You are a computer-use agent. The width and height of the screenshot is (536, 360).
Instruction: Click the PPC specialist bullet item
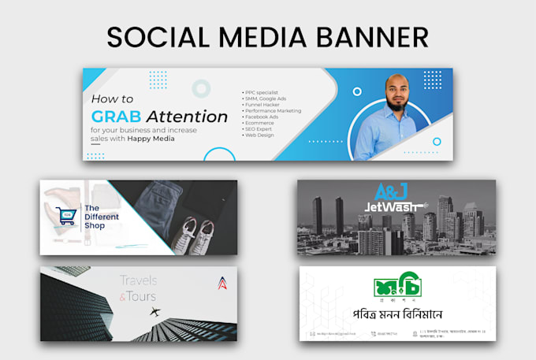pos(265,92)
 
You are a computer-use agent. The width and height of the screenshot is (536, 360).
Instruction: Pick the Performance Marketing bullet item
pos(277,111)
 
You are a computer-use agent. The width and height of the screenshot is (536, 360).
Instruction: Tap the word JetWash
pos(391,208)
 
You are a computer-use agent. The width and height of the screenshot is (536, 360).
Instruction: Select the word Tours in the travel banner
pos(143,296)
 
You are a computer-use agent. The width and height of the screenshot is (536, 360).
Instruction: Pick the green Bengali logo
pos(398,288)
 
